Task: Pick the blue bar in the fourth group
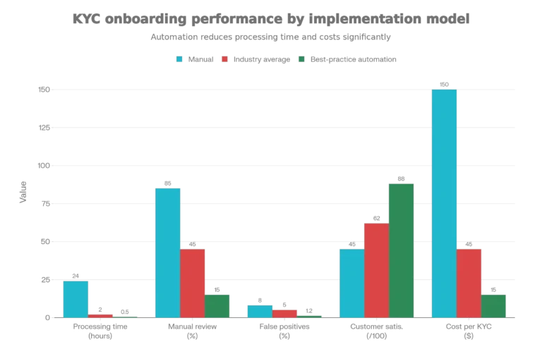point(351,283)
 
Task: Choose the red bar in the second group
point(193,283)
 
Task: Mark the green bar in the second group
point(218,306)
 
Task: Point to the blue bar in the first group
point(76,299)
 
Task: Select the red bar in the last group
point(469,283)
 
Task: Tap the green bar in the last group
point(495,306)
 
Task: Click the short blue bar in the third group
point(259,311)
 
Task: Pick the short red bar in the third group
point(284,313)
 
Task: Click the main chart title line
point(271,20)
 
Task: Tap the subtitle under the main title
point(271,39)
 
